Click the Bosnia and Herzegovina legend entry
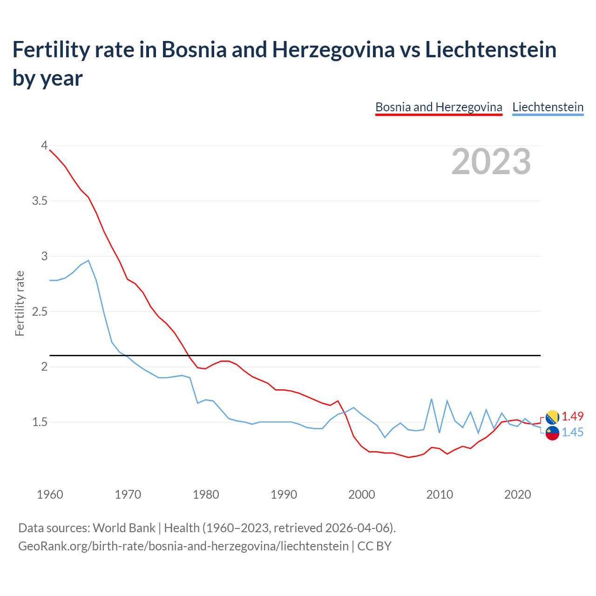(x=439, y=107)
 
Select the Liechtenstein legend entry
(x=548, y=107)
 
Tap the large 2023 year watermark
(x=491, y=162)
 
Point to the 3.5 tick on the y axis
(x=40, y=201)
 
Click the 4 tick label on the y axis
(x=44, y=145)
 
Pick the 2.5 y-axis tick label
(x=40, y=311)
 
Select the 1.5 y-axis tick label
(x=40, y=422)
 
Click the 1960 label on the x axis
(x=50, y=494)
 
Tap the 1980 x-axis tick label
(x=206, y=494)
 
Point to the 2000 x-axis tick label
(x=362, y=494)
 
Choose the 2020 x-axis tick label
(x=517, y=494)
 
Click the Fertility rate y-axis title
(x=20, y=303)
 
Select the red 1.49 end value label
(x=572, y=416)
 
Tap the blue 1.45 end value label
(x=572, y=432)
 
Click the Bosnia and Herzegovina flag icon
(x=552, y=417)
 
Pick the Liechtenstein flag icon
(x=552, y=433)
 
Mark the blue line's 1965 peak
(x=88, y=260)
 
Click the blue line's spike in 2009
(x=432, y=399)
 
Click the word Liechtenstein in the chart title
(x=491, y=50)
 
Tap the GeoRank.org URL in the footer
(x=183, y=546)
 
